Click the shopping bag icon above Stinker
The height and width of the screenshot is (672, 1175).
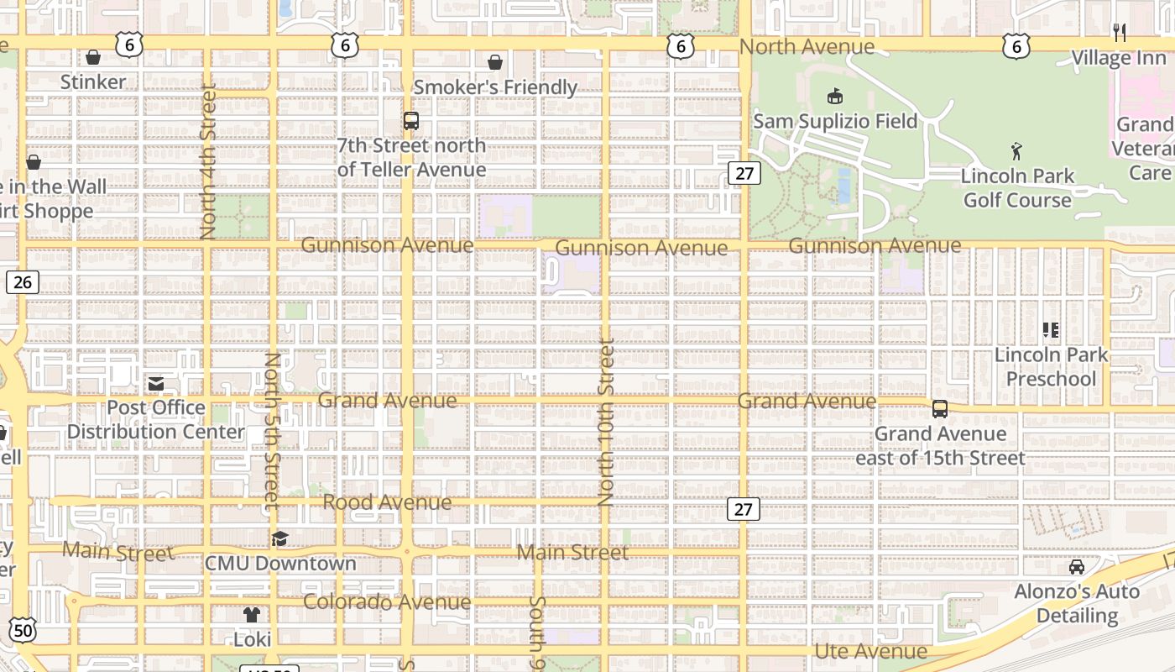click(x=93, y=57)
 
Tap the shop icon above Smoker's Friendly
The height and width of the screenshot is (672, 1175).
click(x=495, y=62)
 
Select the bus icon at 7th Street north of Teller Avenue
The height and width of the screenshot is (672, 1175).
click(x=411, y=121)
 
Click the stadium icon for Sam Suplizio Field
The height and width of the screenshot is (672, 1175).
click(x=835, y=97)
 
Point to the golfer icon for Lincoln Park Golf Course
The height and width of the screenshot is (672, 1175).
click(x=1017, y=151)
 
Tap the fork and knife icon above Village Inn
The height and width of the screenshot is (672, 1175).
click(x=1119, y=33)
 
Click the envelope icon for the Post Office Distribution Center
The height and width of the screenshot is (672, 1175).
click(x=156, y=384)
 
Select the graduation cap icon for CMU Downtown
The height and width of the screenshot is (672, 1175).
click(x=280, y=538)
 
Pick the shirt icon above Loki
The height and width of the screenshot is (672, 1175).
click(x=252, y=615)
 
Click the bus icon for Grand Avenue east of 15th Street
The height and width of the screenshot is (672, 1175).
click(x=940, y=409)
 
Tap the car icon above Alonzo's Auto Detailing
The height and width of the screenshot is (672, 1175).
click(x=1077, y=567)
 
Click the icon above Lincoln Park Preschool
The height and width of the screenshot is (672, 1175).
click(x=1051, y=330)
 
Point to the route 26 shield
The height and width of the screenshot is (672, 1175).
click(x=23, y=281)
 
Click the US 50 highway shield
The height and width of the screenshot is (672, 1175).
click(x=23, y=630)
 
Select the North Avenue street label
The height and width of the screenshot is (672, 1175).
click(x=807, y=47)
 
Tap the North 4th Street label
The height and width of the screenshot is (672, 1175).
click(x=208, y=161)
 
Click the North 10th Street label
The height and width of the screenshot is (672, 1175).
click(x=607, y=422)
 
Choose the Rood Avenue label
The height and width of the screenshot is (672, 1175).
click(x=387, y=502)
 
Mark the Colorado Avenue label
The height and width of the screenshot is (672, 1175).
click(x=387, y=602)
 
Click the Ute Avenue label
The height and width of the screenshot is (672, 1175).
click(x=871, y=651)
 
